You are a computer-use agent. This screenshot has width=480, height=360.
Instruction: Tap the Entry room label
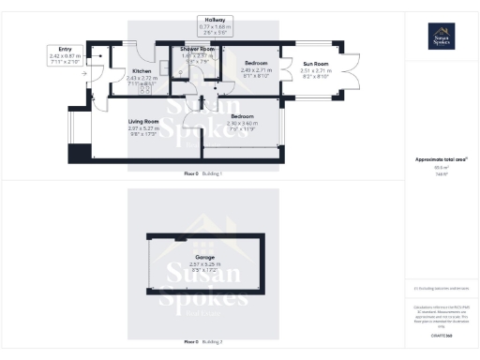tap(65, 51)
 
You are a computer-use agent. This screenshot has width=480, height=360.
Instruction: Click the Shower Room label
tap(198, 49)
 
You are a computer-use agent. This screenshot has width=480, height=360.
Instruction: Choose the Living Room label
tap(145, 122)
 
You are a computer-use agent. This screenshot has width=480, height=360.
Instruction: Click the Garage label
tap(204, 256)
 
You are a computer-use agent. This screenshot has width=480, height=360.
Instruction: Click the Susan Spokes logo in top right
tap(442, 36)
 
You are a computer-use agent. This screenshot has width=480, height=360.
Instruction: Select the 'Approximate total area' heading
tap(441, 160)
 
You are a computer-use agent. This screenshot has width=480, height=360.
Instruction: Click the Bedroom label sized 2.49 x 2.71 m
tap(256, 64)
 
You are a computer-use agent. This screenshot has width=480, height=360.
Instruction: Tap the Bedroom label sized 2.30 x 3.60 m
tap(243, 116)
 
